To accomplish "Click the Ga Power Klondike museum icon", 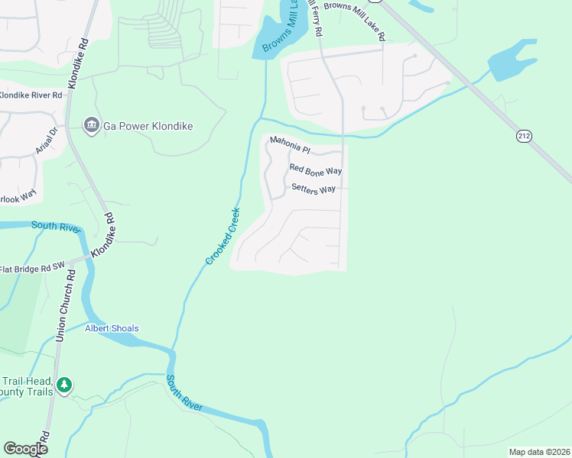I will (x=90, y=125).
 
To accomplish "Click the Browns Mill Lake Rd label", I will (x=354, y=21).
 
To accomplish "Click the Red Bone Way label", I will (x=315, y=170).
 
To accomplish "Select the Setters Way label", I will (x=314, y=189).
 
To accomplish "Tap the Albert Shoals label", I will (x=112, y=328).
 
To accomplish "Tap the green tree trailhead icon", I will (x=66, y=385).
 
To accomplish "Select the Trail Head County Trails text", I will (x=28, y=386).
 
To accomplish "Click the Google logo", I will (x=25, y=448).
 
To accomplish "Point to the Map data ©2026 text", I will (x=538, y=452).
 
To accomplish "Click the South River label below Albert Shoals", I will (x=185, y=394).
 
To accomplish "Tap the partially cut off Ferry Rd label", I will (x=314, y=19).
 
